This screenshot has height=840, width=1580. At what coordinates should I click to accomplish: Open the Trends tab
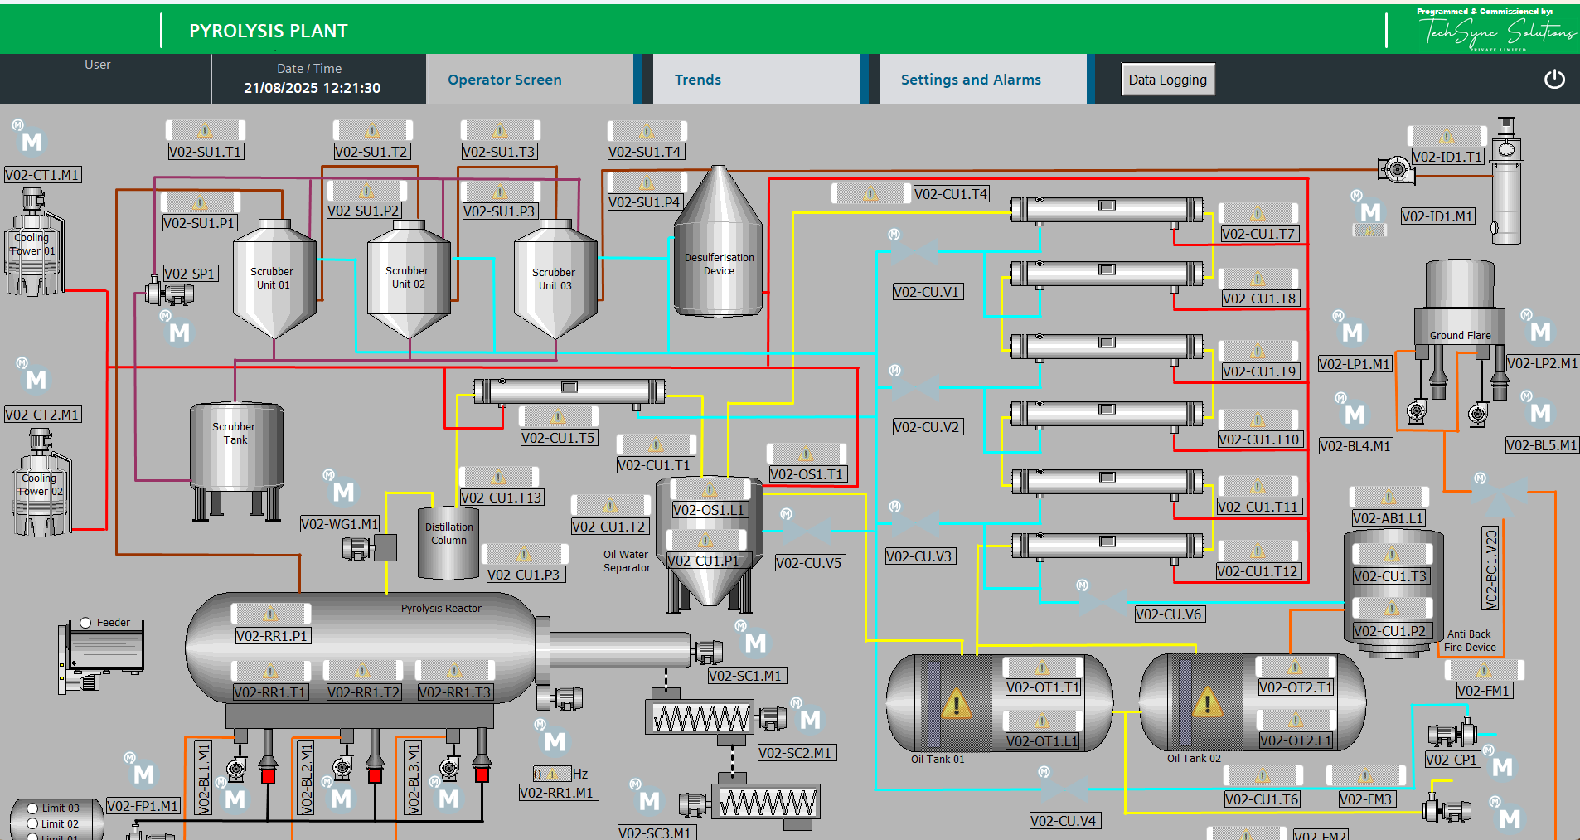(697, 80)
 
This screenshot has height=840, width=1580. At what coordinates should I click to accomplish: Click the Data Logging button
(1167, 80)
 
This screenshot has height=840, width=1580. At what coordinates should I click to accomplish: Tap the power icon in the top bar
(1554, 79)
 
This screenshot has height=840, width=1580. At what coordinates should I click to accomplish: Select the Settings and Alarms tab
(971, 80)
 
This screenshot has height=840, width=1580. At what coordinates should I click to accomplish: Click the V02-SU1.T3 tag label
(500, 152)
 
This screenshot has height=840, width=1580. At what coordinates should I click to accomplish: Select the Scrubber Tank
(236, 448)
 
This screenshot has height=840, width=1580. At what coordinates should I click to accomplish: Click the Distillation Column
(448, 543)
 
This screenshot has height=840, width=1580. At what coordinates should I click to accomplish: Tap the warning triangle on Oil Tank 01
(956, 705)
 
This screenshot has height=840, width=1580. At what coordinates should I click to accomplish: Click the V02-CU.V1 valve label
(927, 292)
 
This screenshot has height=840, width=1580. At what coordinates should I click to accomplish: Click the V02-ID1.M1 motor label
(1437, 216)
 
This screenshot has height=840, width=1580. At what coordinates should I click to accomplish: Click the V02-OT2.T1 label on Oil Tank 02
(1295, 687)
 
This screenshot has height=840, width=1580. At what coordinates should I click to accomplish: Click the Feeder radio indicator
(85, 623)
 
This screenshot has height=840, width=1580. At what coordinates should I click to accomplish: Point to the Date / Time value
(312, 88)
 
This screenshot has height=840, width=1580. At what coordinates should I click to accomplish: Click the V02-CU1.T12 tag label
(1258, 571)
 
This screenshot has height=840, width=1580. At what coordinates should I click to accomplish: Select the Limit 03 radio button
(33, 808)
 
